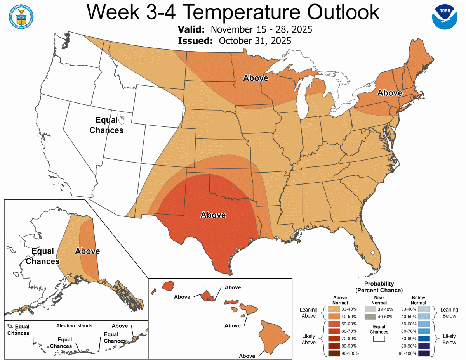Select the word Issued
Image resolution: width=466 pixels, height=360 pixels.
pyautogui.click(x=195, y=41)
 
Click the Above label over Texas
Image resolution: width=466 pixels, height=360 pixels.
pyautogui.click(x=213, y=215)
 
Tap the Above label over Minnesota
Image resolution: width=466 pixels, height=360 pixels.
pyautogui.click(x=256, y=78)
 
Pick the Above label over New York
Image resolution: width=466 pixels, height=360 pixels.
pyautogui.click(x=390, y=93)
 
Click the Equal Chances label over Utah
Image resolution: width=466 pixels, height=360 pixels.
pyautogui.click(x=106, y=125)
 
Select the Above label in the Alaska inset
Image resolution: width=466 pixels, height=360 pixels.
pyautogui.click(x=87, y=251)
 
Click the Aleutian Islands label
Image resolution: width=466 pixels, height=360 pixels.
pyautogui.click(x=74, y=325)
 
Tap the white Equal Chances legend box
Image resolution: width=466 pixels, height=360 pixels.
pyautogui.click(x=379, y=338)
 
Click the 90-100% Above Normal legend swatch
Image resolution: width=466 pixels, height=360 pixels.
pyautogui.click(x=334, y=353)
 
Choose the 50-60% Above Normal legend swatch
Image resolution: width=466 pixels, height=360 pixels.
pyautogui.click(x=334, y=324)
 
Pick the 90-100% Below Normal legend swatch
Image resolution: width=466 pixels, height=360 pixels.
pyautogui.click(x=424, y=353)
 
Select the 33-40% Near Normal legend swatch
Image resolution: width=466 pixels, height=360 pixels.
pyautogui.click(x=370, y=309)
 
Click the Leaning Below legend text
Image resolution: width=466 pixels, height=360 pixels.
pyautogui.click(x=449, y=313)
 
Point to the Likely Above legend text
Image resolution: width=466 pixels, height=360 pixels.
pyautogui.click(x=308, y=338)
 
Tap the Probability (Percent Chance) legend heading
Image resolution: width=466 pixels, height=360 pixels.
pyautogui.click(x=379, y=287)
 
